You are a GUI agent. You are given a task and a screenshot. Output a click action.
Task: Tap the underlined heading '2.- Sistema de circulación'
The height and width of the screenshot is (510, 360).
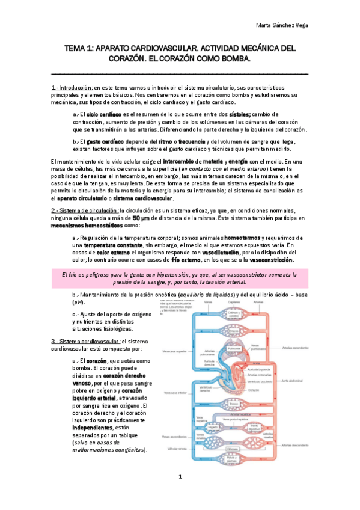pyautogui.click(x=85, y=210)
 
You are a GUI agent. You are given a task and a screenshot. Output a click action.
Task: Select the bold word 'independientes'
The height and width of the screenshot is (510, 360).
pyautogui.click(x=97, y=419)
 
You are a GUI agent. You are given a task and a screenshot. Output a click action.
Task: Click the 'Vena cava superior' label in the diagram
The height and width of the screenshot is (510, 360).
pyautogui.click(x=173, y=351)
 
